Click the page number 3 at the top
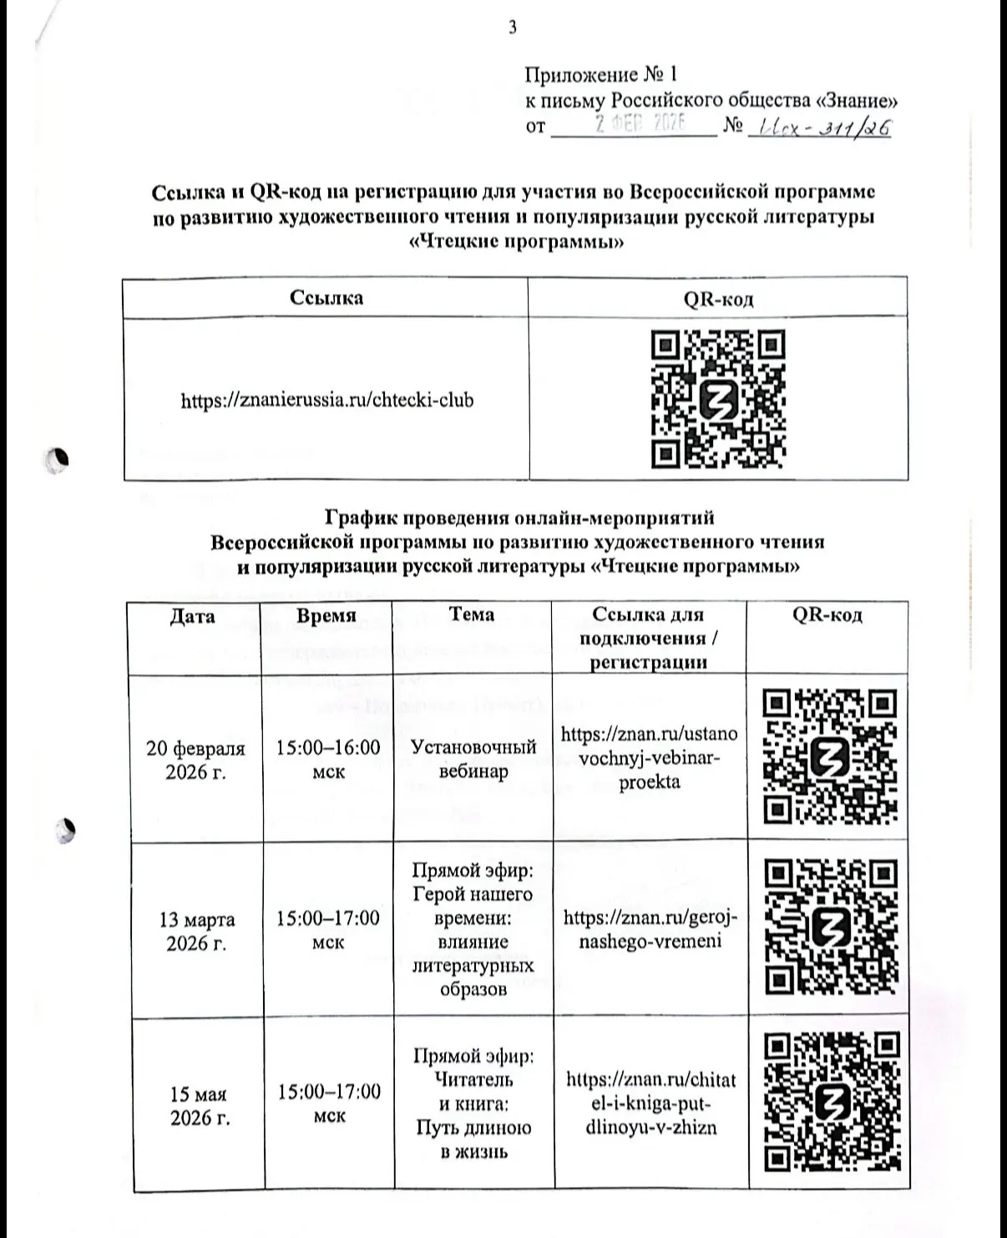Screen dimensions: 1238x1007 pos(512,28)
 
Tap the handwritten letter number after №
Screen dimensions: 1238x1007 pos(821,128)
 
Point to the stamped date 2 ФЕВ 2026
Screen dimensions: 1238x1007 pos(639,124)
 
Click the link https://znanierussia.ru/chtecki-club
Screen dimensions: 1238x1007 pos(327,400)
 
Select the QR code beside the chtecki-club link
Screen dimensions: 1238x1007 pos(717,398)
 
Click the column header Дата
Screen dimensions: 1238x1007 pos(192,617)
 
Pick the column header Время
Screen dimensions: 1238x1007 pos(326,616)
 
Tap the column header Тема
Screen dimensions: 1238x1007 pos(471,614)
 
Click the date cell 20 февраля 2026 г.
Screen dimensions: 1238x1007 pos(195,760)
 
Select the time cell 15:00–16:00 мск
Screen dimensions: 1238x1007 pos(328,759)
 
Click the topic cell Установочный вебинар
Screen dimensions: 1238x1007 pos(473,758)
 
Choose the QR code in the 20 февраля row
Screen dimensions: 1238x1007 pos(830,756)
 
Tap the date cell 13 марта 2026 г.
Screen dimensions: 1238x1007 pos(197,931)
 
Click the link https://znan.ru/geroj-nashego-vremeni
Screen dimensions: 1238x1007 pos(650,929)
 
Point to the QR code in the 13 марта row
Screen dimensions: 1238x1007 pos(831,927)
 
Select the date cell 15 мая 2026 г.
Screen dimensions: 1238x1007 pos(200,1105)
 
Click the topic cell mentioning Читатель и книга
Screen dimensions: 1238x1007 pos(473,1104)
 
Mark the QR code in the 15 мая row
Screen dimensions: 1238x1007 pos(832,1103)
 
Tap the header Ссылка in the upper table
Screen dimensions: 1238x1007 pos(326,298)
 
